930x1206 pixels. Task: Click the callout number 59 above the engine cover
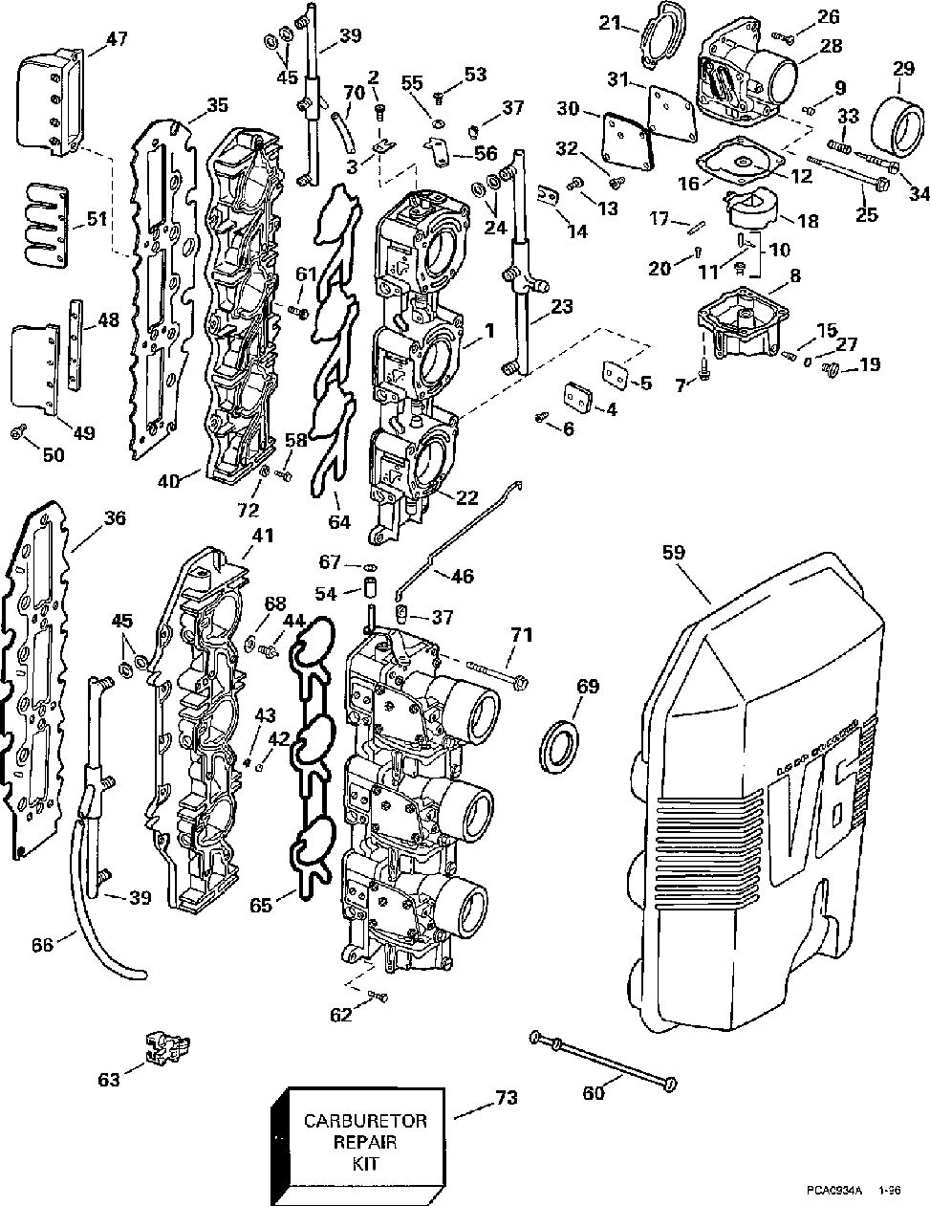pyautogui.click(x=675, y=552)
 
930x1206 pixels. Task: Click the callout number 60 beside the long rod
pyautogui.click(x=593, y=1092)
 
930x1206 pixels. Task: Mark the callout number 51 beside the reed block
pyautogui.click(x=96, y=219)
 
